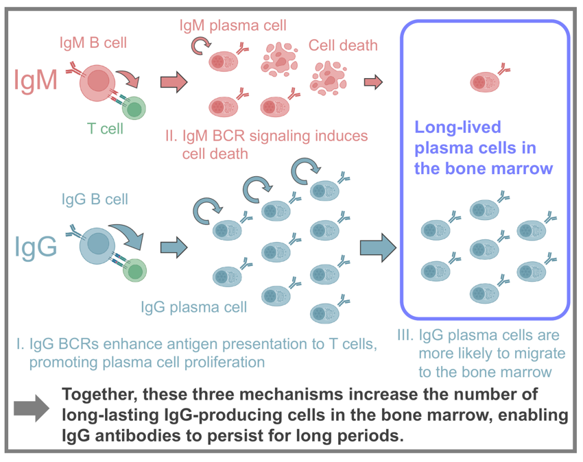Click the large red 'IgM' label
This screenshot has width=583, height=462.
[x=36, y=80]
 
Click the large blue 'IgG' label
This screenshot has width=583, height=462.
[x=36, y=247]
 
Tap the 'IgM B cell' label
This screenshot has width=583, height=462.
[x=93, y=42]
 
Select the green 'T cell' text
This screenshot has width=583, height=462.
[x=105, y=129]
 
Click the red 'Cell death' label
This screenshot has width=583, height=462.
[x=343, y=45]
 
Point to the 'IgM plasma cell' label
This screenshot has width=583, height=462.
[x=233, y=25]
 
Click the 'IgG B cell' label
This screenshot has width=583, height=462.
[x=95, y=199]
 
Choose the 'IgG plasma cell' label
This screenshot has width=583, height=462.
[x=193, y=307]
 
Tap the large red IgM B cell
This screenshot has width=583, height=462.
[x=97, y=82]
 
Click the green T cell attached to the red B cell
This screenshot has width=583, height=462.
[x=134, y=108]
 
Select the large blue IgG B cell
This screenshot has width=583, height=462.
[x=97, y=245]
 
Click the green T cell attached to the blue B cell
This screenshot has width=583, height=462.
[x=135, y=270]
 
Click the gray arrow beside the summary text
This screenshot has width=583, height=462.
[x=32, y=409]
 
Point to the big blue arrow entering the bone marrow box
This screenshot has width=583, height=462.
[x=378, y=247]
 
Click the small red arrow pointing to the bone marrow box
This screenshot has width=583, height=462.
[x=373, y=82]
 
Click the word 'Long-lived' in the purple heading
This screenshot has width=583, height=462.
[x=457, y=127]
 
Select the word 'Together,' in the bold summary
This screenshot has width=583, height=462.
[x=99, y=395]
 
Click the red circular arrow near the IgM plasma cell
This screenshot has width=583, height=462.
[x=200, y=46]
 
